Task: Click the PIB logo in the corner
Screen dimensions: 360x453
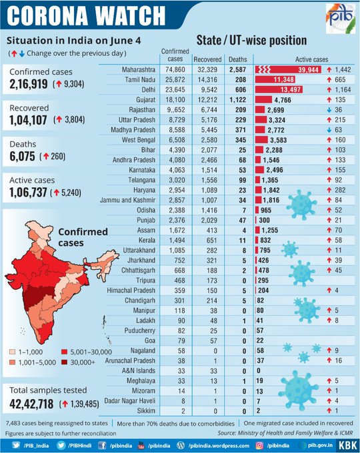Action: (341, 18)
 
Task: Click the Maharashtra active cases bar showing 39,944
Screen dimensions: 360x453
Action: (288, 70)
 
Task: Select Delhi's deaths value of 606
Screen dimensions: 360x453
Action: (241, 89)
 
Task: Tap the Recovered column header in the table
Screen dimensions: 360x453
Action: (207, 59)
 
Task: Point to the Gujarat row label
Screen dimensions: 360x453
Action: (146, 100)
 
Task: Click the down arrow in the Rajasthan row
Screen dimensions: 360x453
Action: (329, 110)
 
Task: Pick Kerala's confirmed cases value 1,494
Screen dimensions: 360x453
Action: (177, 240)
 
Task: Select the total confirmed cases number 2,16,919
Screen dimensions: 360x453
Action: (29, 84)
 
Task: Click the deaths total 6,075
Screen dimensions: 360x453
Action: (22, 157)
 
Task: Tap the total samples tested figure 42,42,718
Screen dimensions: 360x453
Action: (31, 404)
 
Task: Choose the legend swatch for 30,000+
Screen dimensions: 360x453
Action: (64, 362)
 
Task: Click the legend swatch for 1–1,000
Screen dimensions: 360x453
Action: (13, 352)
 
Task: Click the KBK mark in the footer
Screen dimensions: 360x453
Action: (347, 445)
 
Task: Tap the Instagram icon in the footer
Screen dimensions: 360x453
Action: (260, 446)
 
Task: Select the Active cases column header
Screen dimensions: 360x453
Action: (311, 59)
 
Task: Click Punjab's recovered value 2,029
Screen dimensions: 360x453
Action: (209, 220)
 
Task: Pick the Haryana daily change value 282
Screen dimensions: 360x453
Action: (340, 190)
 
